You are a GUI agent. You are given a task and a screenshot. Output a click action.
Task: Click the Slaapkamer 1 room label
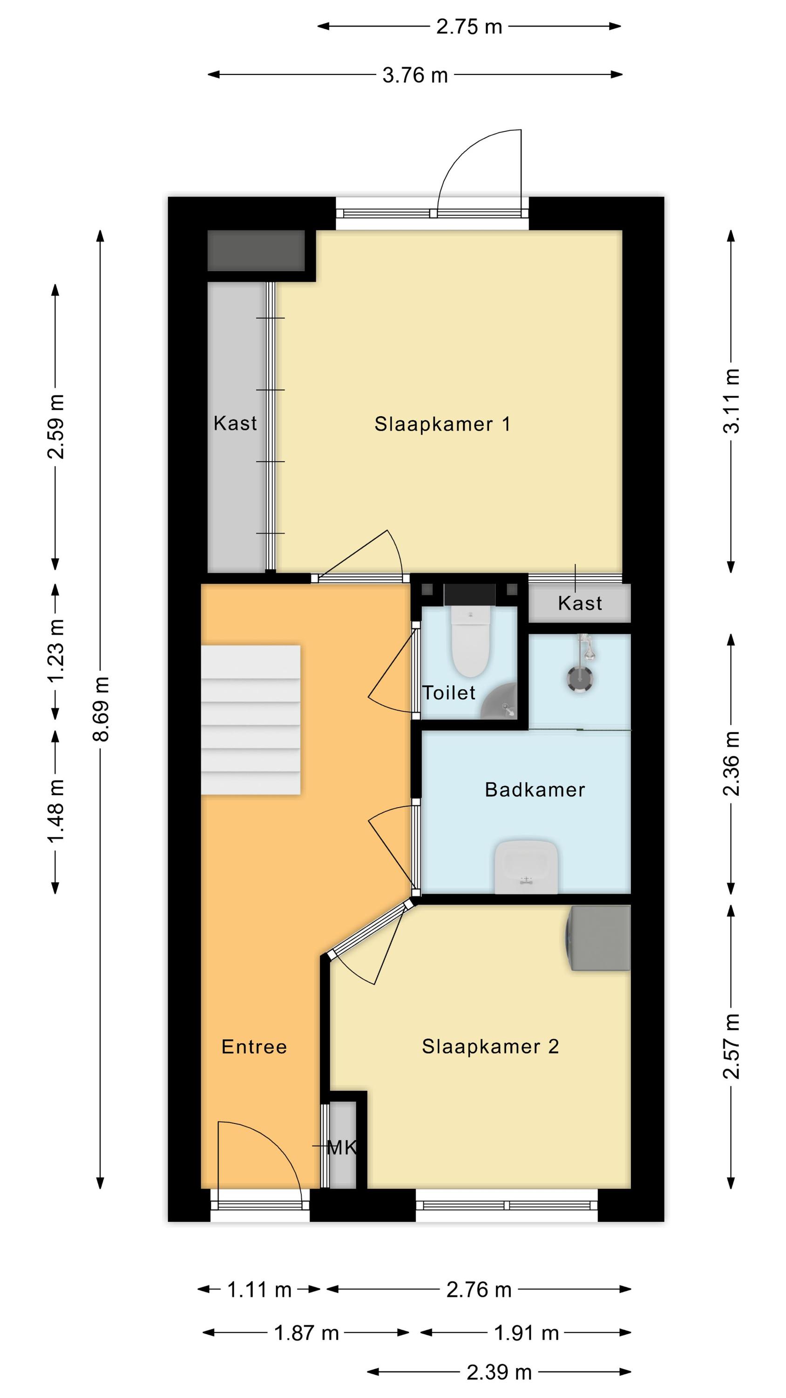pyautogui.click(x=442, y=424)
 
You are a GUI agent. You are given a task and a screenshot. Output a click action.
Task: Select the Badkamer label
pyautogui.click(x=535, y=789)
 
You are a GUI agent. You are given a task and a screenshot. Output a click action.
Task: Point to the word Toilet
pyautogui.click(x=448, y=692)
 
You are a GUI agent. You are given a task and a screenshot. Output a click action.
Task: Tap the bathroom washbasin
pyautogui.click(x=526, y=867)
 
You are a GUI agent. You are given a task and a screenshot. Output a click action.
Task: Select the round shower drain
pyautogui.click(x=580, y=679)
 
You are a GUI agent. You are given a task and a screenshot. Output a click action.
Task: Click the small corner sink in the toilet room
pyautogui.click(x=500, y=702)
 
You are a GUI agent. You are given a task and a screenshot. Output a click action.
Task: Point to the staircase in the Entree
pyautogui.click(x=251, y=720)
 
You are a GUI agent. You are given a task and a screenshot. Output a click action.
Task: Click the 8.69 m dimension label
pyautogui.click(x=102, y=709)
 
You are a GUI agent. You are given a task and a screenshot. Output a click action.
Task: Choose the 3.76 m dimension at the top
pyautogui.click(x=415, y=75)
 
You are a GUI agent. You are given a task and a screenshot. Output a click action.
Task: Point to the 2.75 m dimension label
pyautogui.click(x=469, y=27)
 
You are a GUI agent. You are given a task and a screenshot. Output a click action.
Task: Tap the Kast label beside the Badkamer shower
pyautogui.click(x=580, y=603)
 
